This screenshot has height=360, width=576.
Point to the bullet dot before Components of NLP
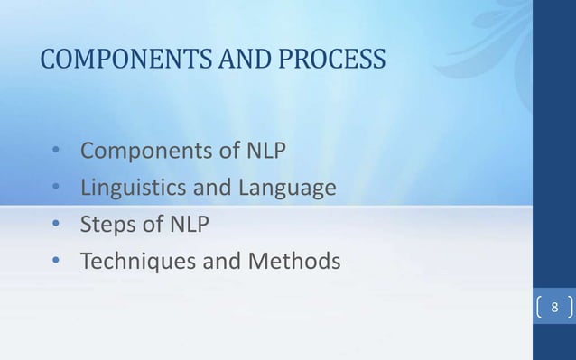click(56, 151)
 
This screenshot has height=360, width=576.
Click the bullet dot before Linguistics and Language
click(56, 188)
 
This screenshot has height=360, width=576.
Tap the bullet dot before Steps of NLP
click(56, 225)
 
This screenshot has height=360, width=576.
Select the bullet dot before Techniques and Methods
click(56, 262)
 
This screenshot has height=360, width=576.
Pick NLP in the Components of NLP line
click(266, 151)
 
